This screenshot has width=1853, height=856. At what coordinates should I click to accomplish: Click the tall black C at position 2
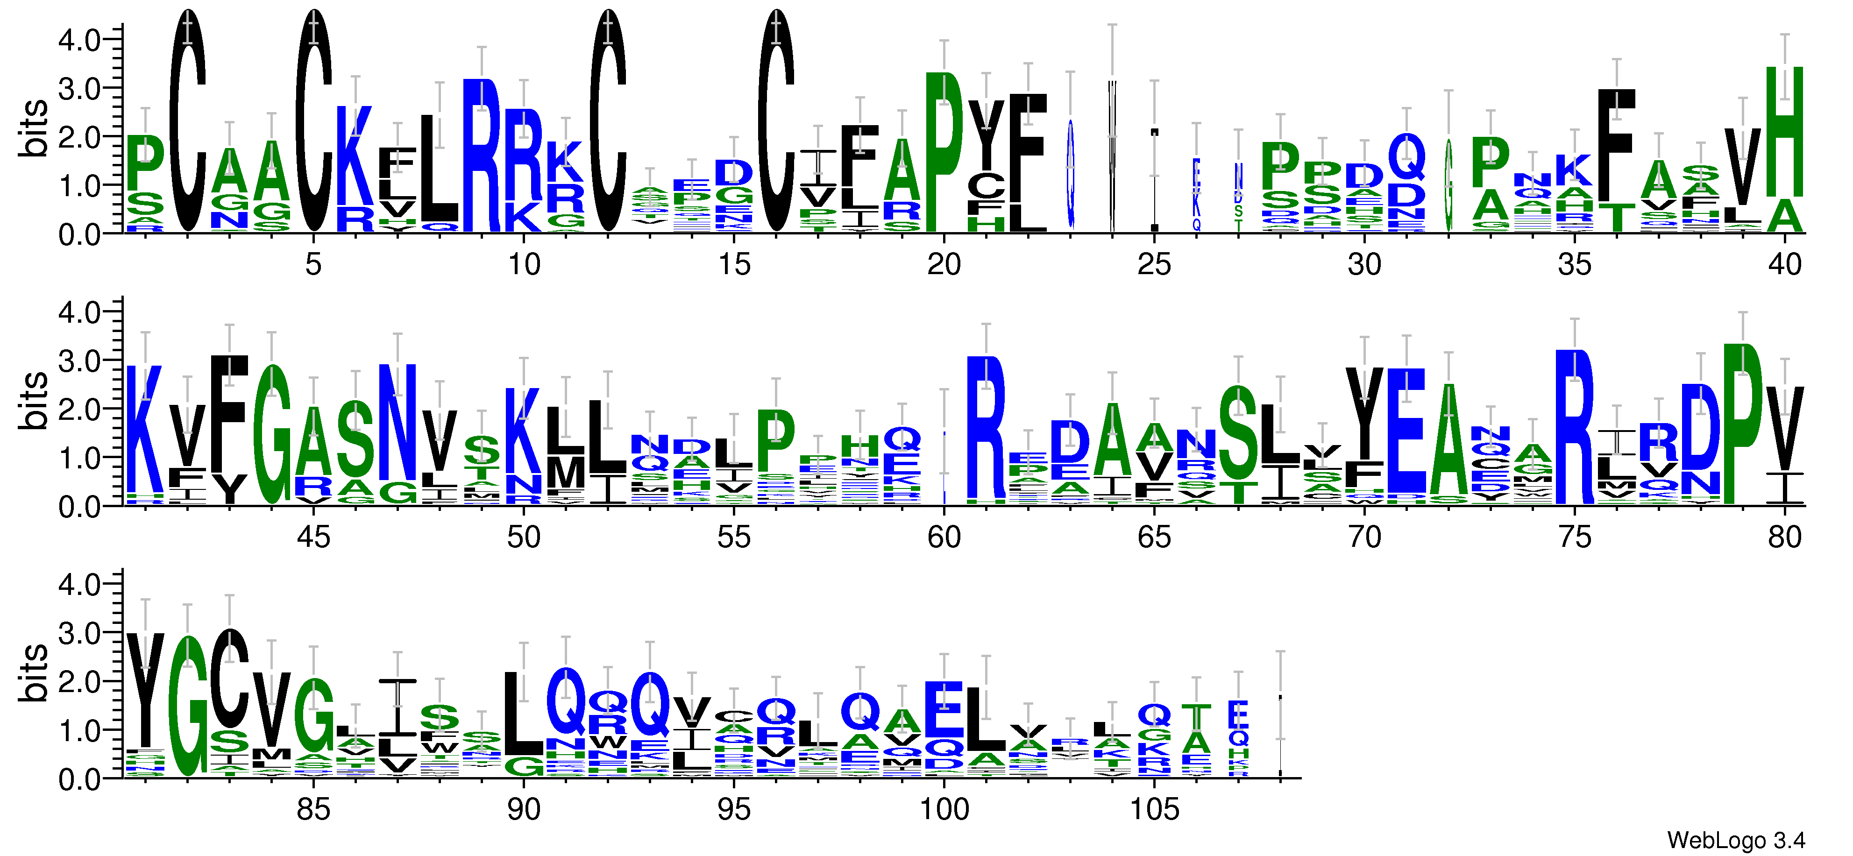click(188, 122)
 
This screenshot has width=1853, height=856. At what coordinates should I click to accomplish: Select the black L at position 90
click(524, 712)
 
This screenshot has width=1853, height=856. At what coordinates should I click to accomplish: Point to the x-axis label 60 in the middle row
click(944, 538)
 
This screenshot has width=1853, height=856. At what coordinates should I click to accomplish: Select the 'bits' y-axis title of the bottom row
click(33, 672)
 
